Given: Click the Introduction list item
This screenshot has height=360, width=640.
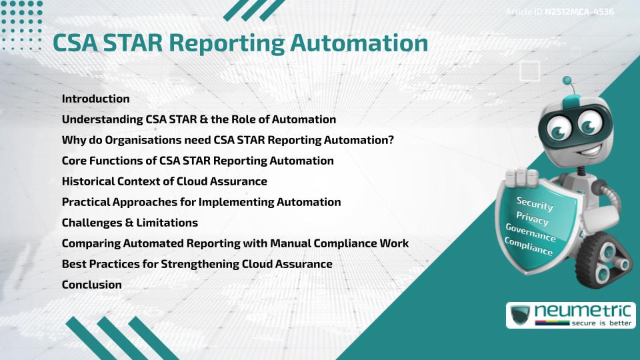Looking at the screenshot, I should pos(95,99).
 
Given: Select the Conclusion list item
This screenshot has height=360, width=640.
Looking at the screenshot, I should pos(91,285).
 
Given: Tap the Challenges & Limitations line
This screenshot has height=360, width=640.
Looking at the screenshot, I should pos(129,223).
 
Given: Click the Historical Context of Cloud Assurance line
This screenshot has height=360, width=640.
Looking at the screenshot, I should pos(164,181).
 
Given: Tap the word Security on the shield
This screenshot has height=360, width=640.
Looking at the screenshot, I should pos(535,204).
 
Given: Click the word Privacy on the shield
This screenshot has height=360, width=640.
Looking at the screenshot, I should pos(532,219).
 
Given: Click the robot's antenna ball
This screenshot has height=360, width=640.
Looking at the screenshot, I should pos(567,81).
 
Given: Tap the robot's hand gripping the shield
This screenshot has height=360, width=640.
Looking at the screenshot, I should pos(523,179).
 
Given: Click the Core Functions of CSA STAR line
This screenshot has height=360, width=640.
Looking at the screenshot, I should pos(197,161).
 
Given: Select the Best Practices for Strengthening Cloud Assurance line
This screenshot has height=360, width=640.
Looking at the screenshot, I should pos(197,264).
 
